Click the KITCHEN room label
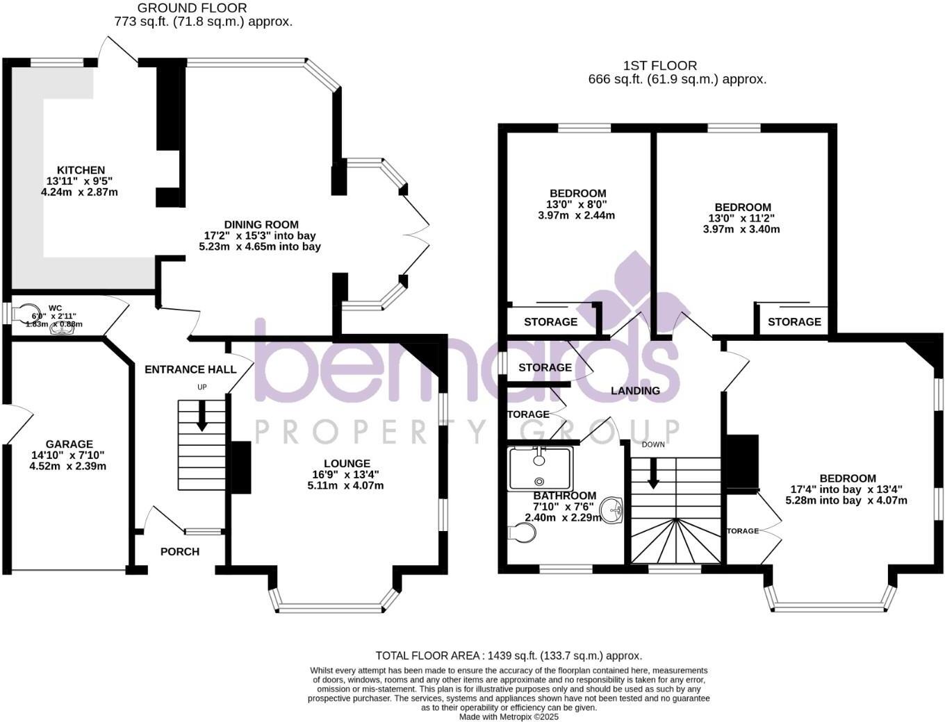click(x=81, y=170)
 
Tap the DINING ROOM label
click(x=261, y=224)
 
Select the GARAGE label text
click(x=69, y=444)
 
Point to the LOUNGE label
click(x=347, y=464)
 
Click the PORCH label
click(x=179, y=552)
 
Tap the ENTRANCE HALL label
click(x=190, y=369)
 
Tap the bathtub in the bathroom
click(x=540, y=469)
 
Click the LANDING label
click(x=635, y=391)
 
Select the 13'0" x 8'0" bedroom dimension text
click(x=577, y=204)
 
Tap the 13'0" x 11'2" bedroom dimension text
click(x=741, y=218)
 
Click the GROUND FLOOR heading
click(x=192, y=8)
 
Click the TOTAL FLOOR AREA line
click(x=509, y=655)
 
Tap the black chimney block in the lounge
click(x=240, y=468)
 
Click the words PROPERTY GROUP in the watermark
click(x=467, y=432)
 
